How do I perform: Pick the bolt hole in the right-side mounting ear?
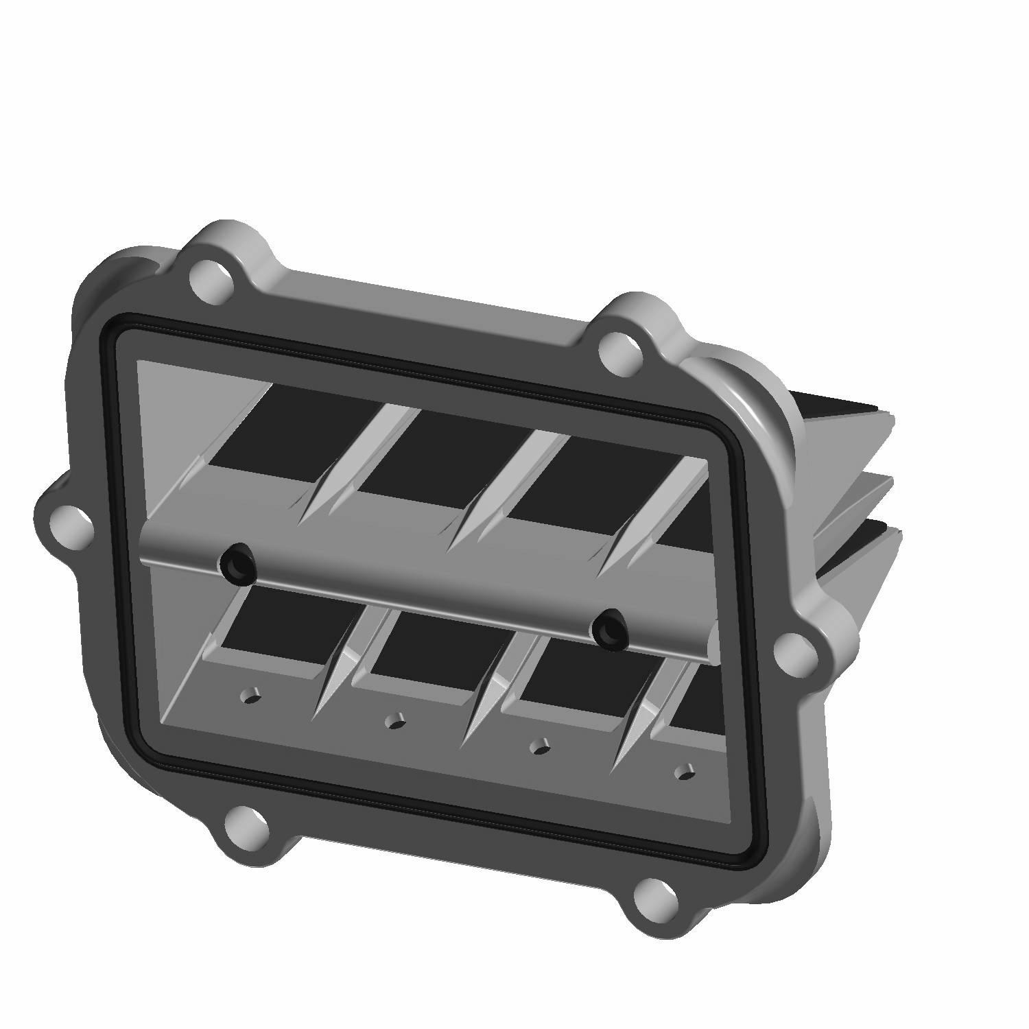pyautogui.click(x=793, y=649)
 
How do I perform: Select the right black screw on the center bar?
pyautogui.click(x=609, y=628)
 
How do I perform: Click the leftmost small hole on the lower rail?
pyautogui.click(x=250, y=698)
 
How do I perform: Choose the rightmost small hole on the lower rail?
pyautogui.click(x=683, y=772)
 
